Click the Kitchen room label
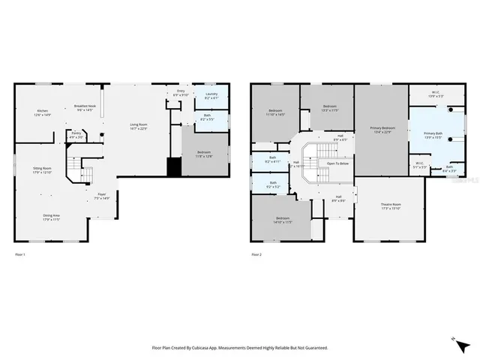[x=42, y=112]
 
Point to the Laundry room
[x=211, y=96]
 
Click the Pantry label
[x=76, y=135]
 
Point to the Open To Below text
[x=337, y=163]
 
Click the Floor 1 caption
[x=20, y=255]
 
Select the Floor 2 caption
[x=256, y=255]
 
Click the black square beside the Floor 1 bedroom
[x=174, y=166]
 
